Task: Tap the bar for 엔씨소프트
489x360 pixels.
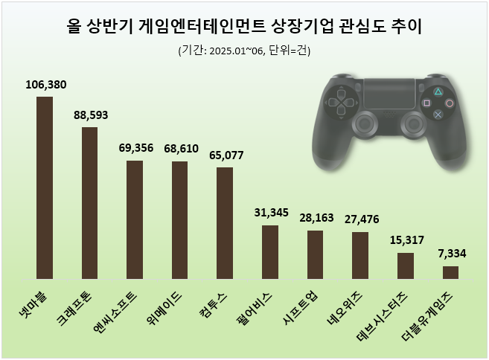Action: pyautogui.click(x=135, y=219)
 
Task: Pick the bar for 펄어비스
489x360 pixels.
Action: pyautogui.click(x=270, y=251)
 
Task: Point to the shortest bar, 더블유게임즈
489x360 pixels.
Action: pyautogui.click(x=450, y=272)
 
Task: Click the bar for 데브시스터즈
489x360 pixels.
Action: pyautogui.click(x=406, y=266)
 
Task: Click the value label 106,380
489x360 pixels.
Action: pyautogui.click(x=45, y=84)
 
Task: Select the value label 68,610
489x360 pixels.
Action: pyautogui.click(x=179, y=149)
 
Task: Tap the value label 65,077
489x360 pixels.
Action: pyautogui.click(x=225, y=155)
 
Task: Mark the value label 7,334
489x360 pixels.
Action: pyautogui.click(x=450, y=254)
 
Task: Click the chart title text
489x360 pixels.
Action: pyautogui.click(x=243, y=28)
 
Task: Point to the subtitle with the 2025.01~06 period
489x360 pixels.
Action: pyautogui.click(x=243, y=51)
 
